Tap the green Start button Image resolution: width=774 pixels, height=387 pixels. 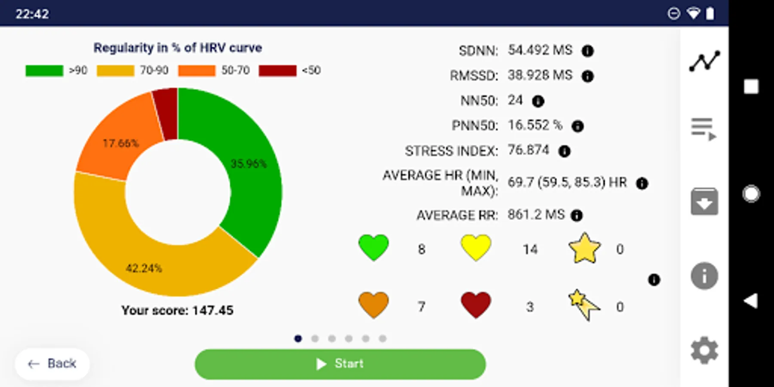click(340, 364)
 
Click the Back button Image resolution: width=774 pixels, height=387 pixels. click(52, 364)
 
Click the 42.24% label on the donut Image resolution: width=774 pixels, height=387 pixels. click(144, 268)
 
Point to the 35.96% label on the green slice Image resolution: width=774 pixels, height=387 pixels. click(249, 163)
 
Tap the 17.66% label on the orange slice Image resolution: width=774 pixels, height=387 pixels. click(120, 143)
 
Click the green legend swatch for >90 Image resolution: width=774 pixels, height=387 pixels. click(44, 71)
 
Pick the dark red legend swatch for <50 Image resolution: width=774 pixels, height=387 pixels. click(277, 71)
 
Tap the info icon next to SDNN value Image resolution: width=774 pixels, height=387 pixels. click(587, 51)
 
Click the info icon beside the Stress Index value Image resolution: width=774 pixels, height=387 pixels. click(564, 151)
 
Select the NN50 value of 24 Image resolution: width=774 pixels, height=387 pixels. click(515, 100)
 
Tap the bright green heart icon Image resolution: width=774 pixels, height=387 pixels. click(373, 248)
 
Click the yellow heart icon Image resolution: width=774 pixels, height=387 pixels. click(476, 248)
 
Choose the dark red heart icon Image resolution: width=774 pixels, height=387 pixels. click(476, 305)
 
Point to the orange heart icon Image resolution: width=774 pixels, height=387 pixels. click(373, 305)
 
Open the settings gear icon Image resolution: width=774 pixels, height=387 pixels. click(704, 351)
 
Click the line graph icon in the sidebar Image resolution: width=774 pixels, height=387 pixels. click(704, 61)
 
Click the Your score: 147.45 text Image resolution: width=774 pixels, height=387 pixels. click(177, 310)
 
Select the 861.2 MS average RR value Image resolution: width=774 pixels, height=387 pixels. click(536, 215)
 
